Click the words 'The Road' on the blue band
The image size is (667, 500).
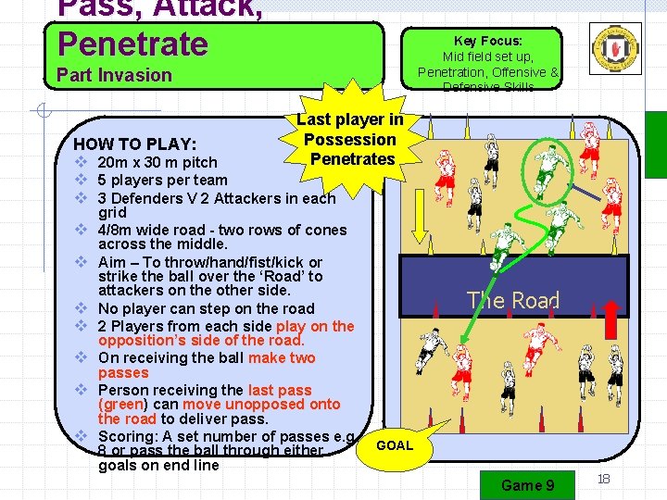pos(513,300)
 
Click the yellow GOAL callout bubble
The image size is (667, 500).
pos(395,445)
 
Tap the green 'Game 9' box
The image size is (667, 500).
pos(527,485)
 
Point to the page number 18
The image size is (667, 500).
pos(603,479)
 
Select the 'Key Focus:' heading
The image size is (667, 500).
pos(488,41)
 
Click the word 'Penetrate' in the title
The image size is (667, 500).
pos(133,43)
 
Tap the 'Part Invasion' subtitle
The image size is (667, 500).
pos(115,75)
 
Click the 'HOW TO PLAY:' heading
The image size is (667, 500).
pos(134,144)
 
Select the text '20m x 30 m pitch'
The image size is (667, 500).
pos(157,162)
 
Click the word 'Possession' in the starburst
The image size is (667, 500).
pos(350,139)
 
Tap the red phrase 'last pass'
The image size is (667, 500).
pos(280,390)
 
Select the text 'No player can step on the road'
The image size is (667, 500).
pos(206,308)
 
